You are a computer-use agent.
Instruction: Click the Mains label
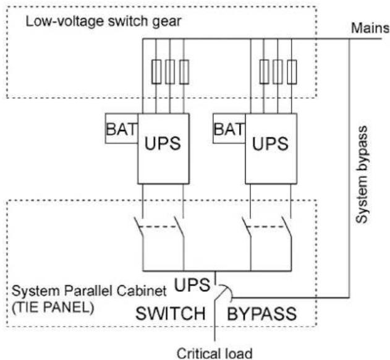pos(370,28)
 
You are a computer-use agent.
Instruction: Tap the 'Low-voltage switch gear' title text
pos(103,22)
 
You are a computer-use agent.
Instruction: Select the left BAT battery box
pos(121,129)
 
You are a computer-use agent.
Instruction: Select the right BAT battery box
pos(229,129)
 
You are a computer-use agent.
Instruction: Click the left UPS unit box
pos(163,148)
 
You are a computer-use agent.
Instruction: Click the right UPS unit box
pos(271,148)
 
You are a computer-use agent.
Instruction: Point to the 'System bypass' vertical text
pos(362,174)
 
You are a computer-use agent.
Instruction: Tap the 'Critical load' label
pos(214,353)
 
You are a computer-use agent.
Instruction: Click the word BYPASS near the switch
pos(261,314)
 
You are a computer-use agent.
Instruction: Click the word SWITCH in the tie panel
pos(171,314)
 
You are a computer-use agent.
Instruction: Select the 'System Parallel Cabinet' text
pos(89,291)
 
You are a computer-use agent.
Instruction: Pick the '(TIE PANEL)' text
pos(53,307)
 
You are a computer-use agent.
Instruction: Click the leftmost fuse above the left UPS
pos(156,72)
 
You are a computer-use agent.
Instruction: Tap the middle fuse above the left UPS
pos(170,72)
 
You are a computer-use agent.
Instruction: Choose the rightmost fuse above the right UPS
pos(292,72)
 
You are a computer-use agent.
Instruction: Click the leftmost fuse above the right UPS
pos(264,72)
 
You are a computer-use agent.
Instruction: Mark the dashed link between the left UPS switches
pos(158,227)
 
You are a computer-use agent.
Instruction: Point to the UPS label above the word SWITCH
pos(192,285)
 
